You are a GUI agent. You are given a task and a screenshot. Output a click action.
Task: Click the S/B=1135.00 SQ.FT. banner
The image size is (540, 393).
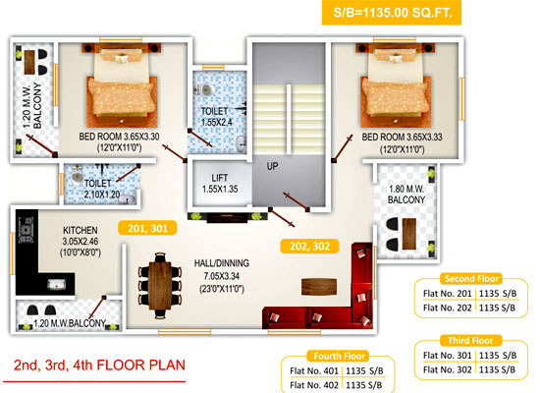tap(392, 13)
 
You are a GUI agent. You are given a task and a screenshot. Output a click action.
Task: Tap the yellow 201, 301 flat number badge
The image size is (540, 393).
tap(147, 228)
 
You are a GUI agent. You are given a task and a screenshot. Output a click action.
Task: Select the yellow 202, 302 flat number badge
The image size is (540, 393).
tap(309, 247)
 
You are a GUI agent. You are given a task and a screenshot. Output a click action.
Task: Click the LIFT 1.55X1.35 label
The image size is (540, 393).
tap(220, 184)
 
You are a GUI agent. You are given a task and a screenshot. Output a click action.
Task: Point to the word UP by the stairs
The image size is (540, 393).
tap(272, 166)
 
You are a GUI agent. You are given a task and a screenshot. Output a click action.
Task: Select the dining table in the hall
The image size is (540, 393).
tap(160, 286)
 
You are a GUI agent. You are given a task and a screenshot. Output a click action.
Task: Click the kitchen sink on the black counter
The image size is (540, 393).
tap(56, 284)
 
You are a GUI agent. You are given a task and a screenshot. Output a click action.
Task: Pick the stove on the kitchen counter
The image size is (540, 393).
tap(26, 230)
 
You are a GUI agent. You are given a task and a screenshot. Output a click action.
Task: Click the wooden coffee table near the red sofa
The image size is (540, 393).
tap(319, 287)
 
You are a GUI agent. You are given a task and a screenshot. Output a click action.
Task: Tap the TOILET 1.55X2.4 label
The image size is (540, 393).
tap(217, 117)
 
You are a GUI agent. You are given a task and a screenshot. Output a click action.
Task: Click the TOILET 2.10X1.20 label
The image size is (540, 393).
tap(101, 189)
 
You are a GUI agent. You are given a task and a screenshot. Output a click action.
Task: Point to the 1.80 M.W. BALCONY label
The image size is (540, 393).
tap(406, 195)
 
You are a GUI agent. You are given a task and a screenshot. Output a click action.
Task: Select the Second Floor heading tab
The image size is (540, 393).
tap(471, 279)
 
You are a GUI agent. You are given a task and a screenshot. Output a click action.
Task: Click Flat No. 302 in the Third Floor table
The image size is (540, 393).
tap(447, 369)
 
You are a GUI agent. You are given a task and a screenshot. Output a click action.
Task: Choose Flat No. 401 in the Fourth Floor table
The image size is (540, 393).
tap(314, 371)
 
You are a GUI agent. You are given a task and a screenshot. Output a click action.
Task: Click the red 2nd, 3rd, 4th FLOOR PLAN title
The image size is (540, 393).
tap(99, 365)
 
